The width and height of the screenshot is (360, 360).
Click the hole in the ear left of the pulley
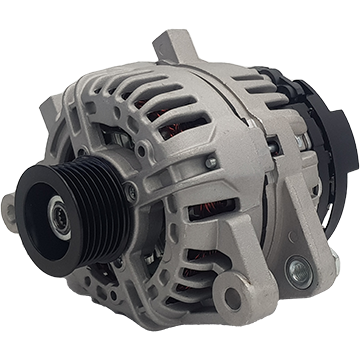click(x=8, y=207)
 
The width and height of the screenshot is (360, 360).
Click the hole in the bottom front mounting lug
click(x=233, y=297)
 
